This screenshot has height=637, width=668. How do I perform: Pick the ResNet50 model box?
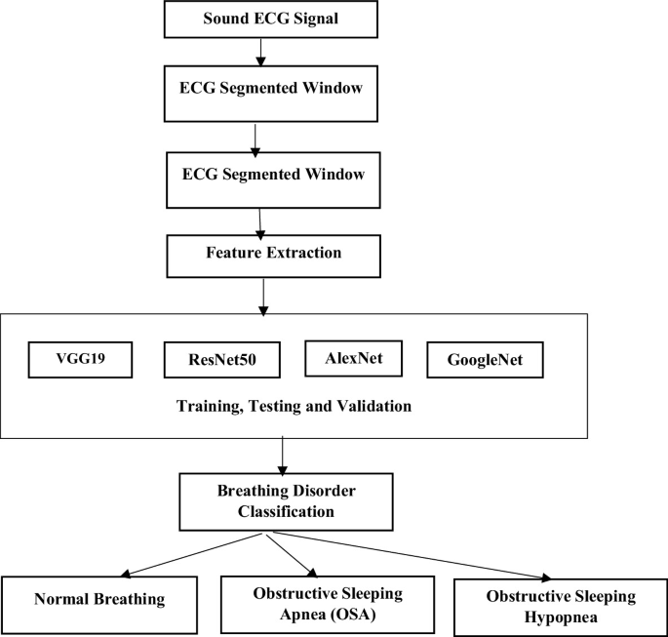click(221, 360)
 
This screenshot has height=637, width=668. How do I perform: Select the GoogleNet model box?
click(484, 360)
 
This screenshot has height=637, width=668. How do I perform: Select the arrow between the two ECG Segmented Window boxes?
click(255, 139)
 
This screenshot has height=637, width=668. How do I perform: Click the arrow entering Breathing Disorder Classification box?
click(282, 454)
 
